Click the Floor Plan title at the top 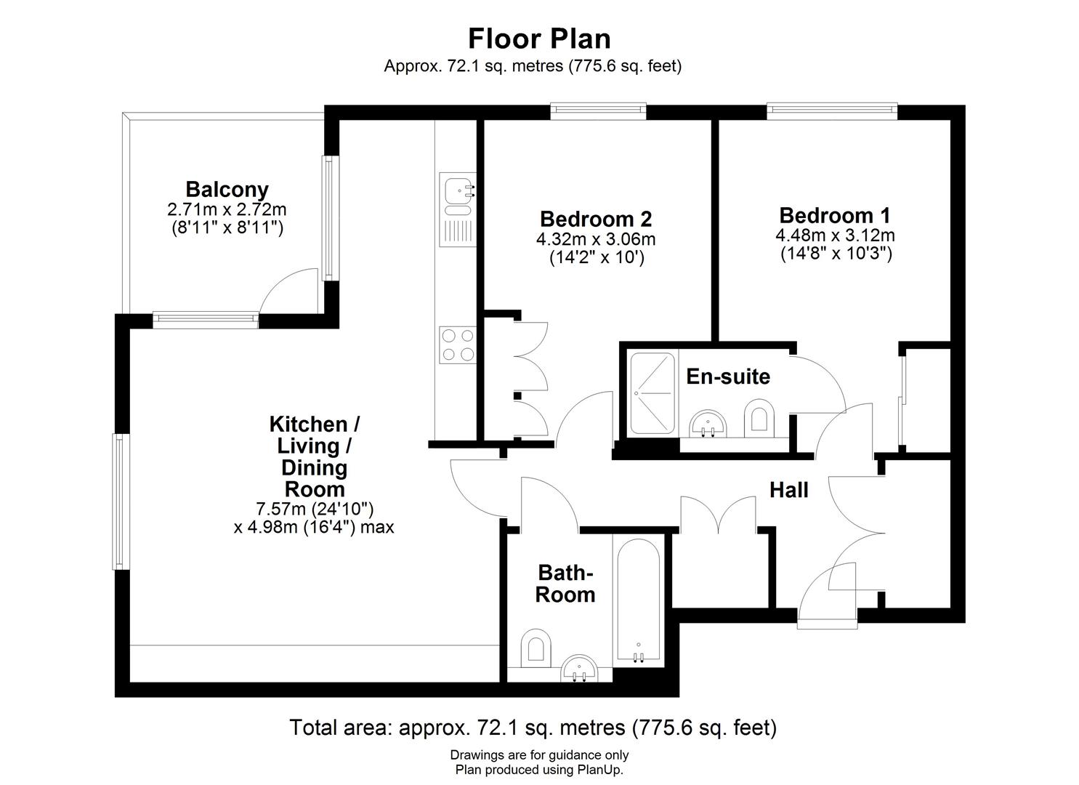539,38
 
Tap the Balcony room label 227,190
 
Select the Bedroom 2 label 595,219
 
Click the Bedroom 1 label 834,215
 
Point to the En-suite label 728,377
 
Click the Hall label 788,490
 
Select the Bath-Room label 565,584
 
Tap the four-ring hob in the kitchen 457,345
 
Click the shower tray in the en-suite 652,393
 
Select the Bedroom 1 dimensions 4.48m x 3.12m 834,235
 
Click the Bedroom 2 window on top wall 598,110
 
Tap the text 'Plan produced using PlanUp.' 539,770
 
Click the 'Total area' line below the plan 533,727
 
